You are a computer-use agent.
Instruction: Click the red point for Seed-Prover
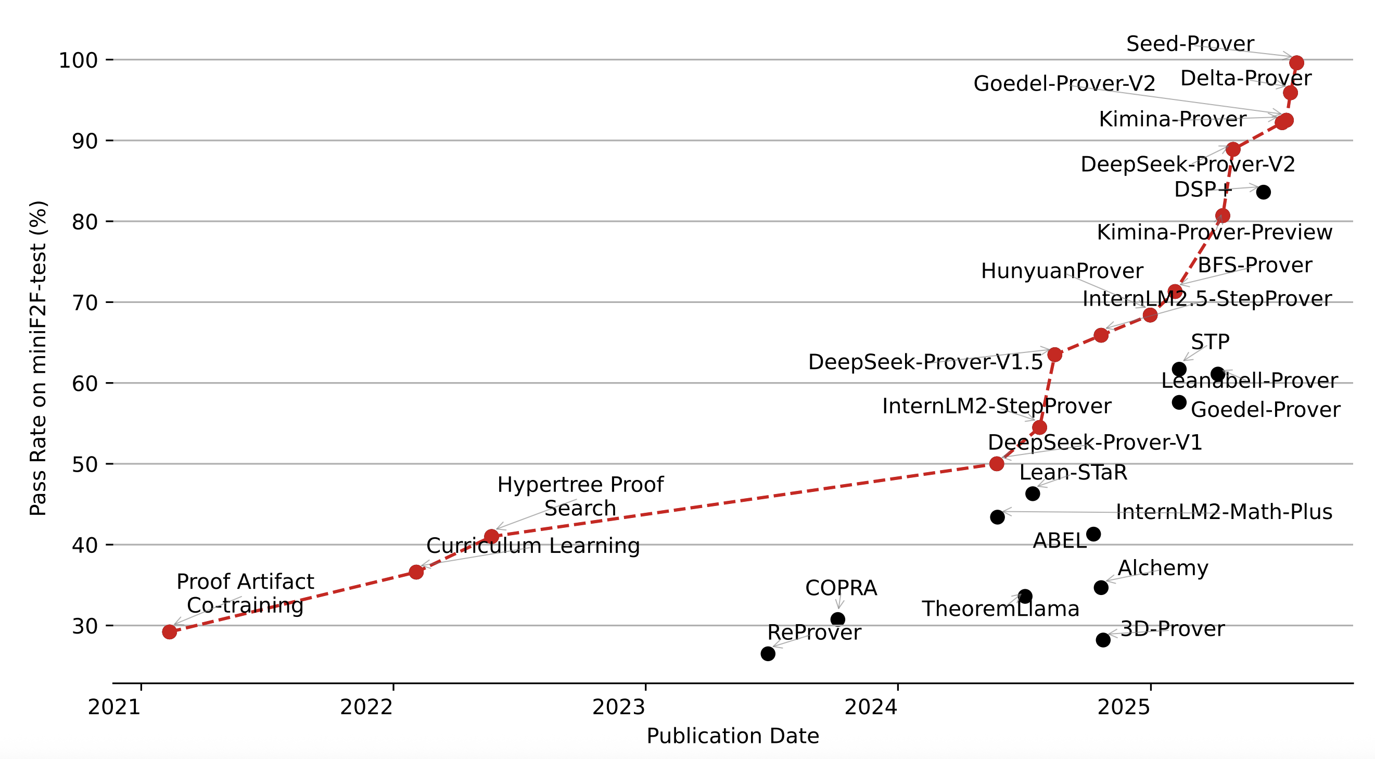1296,63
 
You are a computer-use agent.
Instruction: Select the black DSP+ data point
1263,192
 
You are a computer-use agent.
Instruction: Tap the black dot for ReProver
768,654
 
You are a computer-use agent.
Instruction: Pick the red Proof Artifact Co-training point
169,632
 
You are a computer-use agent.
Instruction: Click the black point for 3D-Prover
1103,640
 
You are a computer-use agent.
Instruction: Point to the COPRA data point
837,619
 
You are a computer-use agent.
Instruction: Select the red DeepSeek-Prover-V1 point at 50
997,464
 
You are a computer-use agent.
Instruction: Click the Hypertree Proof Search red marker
492,536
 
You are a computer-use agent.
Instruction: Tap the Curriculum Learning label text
533,546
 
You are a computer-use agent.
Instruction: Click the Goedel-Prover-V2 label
1064,84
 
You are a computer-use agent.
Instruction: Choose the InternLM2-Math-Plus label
1224,512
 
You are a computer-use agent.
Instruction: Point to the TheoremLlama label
1000,609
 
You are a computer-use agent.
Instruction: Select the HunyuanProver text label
1062,271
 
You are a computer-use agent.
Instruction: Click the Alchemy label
1163,568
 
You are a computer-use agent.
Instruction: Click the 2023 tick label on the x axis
619,707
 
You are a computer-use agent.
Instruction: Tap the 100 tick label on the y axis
78,60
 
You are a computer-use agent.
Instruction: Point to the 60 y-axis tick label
85,383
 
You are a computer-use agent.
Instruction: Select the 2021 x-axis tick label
114,707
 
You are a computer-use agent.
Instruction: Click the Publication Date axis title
732,736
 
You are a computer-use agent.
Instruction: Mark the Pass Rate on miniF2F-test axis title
39,358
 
